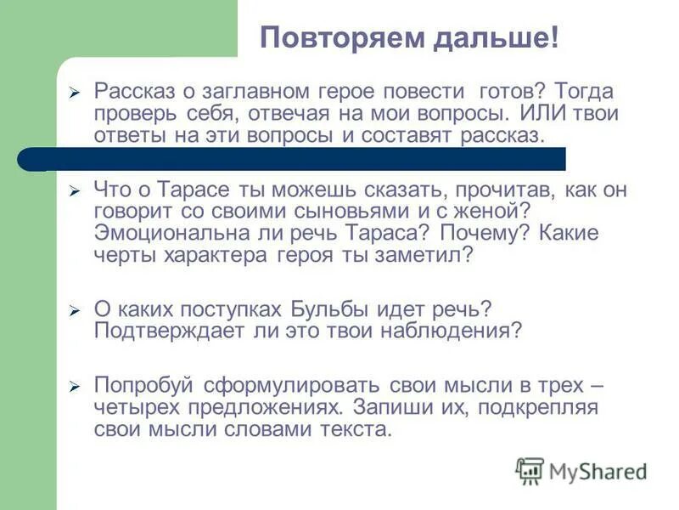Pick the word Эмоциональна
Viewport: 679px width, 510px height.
click(175, 234)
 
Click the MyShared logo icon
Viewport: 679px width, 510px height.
click(530, 471)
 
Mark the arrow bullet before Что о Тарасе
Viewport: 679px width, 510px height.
click(74, 191)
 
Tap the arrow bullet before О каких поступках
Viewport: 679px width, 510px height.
click(74, 310)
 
